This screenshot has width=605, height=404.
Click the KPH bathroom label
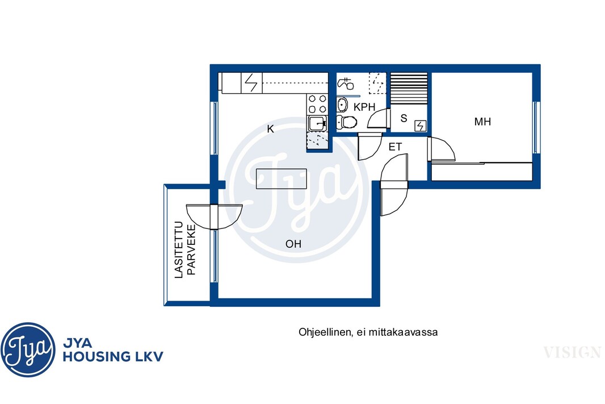tap(364, 107)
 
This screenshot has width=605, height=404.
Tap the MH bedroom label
tap(482, 122)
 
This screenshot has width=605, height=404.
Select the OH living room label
tap(293, 244)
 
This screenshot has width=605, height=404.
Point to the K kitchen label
tap(271, 129)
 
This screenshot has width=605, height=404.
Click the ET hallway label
tap(395, 147)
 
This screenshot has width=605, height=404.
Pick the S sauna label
tap(404, 118)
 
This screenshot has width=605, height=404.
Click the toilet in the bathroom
tap(347, 122)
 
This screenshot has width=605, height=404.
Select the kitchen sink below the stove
tap(318, 123)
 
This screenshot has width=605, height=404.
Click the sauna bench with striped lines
tap(409, 88)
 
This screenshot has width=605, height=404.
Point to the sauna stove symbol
tap(420, 126)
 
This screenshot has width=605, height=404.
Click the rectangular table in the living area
tap(282, 179)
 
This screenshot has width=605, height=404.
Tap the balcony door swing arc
tap(215, 217)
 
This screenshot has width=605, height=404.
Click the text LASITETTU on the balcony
tap(178, 249)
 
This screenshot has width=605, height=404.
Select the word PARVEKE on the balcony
tap(191, 249)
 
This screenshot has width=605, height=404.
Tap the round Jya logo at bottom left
tap(28, 349)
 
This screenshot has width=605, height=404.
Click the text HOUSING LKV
tap(113, 356)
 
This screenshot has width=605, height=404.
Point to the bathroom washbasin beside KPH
tap(342, 105)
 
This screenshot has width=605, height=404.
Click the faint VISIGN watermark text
tap(572, 352)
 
